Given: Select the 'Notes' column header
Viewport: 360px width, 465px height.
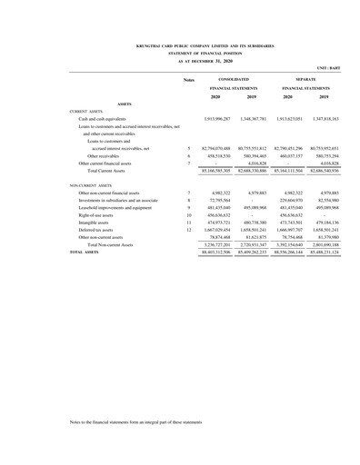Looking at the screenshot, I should coord(188,81).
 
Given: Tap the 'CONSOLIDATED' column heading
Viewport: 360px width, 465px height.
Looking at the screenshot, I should coord(233,80).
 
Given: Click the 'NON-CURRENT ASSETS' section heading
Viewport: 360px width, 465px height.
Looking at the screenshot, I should coord(95,184).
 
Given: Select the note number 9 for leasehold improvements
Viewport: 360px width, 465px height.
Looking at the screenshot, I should coord(187,206).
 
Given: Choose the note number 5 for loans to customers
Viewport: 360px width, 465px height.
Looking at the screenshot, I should coord(187,147).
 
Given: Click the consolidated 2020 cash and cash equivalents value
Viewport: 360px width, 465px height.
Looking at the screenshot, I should coord(215,118).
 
